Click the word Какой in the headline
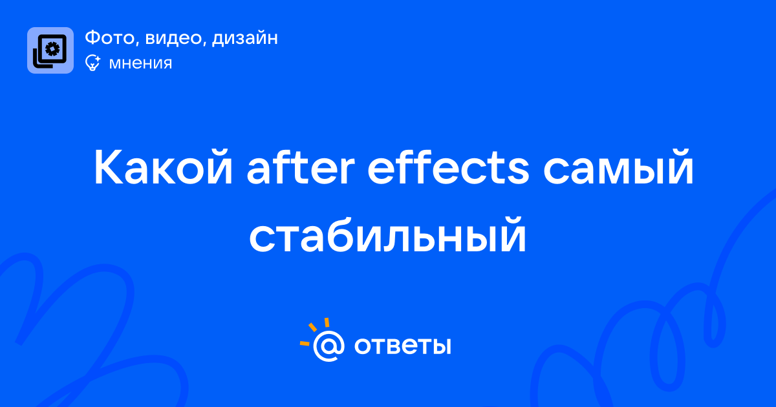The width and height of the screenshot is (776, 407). point(163,167)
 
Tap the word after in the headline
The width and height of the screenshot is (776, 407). point(300,167)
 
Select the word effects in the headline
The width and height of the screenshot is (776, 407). point(448,167)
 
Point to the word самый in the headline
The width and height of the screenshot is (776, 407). point(618,167)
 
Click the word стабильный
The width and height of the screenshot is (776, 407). point(388,235)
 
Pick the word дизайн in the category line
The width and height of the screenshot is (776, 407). point(245,38)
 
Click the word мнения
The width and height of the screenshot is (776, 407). point(141,63)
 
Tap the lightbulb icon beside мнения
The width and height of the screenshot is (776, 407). point(92,63)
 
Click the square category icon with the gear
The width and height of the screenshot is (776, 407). point(50,50)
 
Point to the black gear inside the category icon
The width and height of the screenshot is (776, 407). point(52,49)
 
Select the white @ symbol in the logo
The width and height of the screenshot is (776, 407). point(329,346)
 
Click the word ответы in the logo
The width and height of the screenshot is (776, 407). point(402,346)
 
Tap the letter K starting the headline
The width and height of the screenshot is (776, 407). point(109,167)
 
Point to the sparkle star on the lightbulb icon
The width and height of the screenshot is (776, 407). point(98,59)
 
